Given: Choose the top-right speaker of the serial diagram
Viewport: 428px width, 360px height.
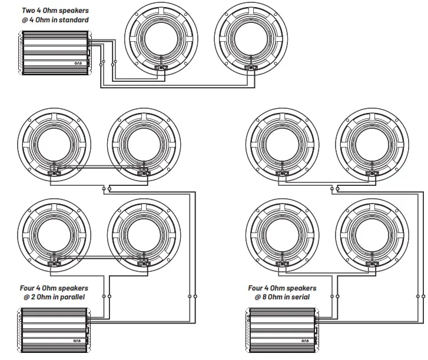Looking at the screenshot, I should tap(372, 141).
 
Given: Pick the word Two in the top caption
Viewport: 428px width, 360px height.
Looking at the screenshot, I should tap(29, 11).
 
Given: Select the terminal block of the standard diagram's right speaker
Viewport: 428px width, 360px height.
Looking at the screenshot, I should tap(250, 68).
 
